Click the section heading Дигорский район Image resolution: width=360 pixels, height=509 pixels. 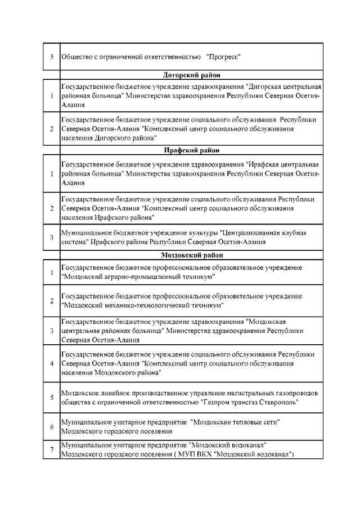coord(191,75)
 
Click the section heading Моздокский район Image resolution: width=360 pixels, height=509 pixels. coord(191,255)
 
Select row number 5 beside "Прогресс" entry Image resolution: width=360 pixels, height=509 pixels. coord(51,57)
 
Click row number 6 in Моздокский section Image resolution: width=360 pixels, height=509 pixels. coord(51,426)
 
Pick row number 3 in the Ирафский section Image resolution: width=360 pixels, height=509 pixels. coord(51,237)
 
